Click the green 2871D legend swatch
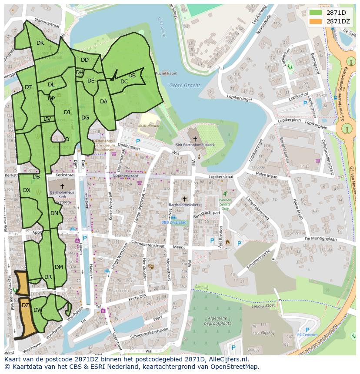tap(316, 13)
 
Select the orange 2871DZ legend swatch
tap(316, 21)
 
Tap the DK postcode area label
tap(40, 43)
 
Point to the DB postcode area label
tap(132, 76)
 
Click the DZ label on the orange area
tap(25, 305)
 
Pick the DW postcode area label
tap(37, 310)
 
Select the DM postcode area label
tap(59, 267)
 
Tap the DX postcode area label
tap(27, 190)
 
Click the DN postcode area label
tap(54, 213)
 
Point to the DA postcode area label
tap(103, 102)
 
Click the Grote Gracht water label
tap(184, 86)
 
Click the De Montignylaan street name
tap(321, 238)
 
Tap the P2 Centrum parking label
tap(307, 335)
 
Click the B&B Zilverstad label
tap(174, 222)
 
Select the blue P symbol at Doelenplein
tap(138, 141)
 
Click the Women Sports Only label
tap(225, 202)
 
